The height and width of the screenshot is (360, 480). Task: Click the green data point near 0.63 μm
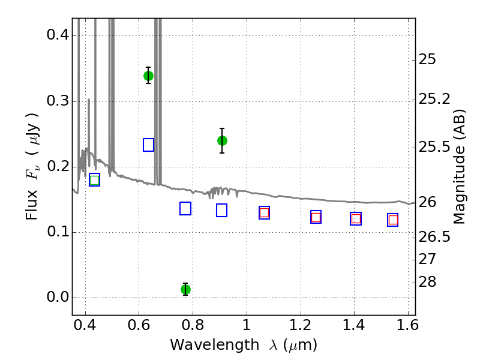[148, 76]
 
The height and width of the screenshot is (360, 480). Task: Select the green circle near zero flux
[185, 289]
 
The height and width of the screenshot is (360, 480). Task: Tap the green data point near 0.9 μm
[222, 141]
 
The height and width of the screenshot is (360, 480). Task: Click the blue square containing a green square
[95, 179]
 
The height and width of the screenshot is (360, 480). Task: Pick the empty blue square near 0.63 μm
[148, 145]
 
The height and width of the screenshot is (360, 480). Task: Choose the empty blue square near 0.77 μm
[185, 208]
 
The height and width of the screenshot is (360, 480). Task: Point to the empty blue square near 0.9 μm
[221, 211]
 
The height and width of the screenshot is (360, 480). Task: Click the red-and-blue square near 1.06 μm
[264, 213]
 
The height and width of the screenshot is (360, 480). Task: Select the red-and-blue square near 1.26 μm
[316, 217]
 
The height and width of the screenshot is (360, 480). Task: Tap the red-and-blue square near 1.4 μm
[356, 218]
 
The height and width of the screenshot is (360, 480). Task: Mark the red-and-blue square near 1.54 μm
[393, 220]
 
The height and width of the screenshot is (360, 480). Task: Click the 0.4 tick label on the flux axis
[58, 35]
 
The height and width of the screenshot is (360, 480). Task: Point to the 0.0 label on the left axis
[58, 297]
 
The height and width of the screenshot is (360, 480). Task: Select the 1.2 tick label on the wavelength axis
[301, 325]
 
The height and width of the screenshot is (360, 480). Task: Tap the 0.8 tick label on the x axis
[193, 325]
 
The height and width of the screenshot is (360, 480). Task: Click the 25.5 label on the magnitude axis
[434, 147]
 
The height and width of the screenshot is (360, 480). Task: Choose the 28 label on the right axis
[427, 281]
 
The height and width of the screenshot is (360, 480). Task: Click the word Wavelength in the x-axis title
[215, 345]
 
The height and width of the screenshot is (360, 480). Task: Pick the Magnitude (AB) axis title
[458, 167]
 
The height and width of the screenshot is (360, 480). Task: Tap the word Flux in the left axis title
[31, 205]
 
